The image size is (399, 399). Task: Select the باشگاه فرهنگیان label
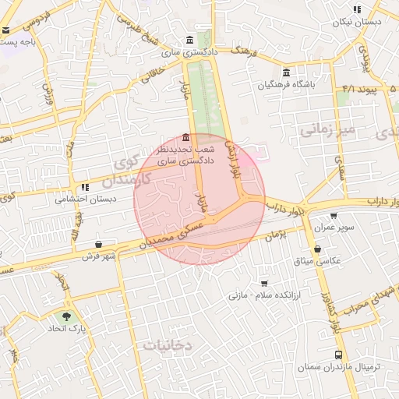[315, 83]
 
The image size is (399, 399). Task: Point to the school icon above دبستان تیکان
[357, 10]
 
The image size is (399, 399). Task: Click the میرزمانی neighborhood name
[327, 129]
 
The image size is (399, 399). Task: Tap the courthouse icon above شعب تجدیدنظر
[185, 137]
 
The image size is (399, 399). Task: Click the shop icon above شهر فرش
[97, 244]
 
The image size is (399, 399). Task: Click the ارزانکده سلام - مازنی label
[258, 295]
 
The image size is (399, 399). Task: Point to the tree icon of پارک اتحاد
[65, 317]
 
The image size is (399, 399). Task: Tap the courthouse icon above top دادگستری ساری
[190, 41]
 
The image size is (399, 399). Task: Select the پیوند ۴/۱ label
[359, 90]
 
